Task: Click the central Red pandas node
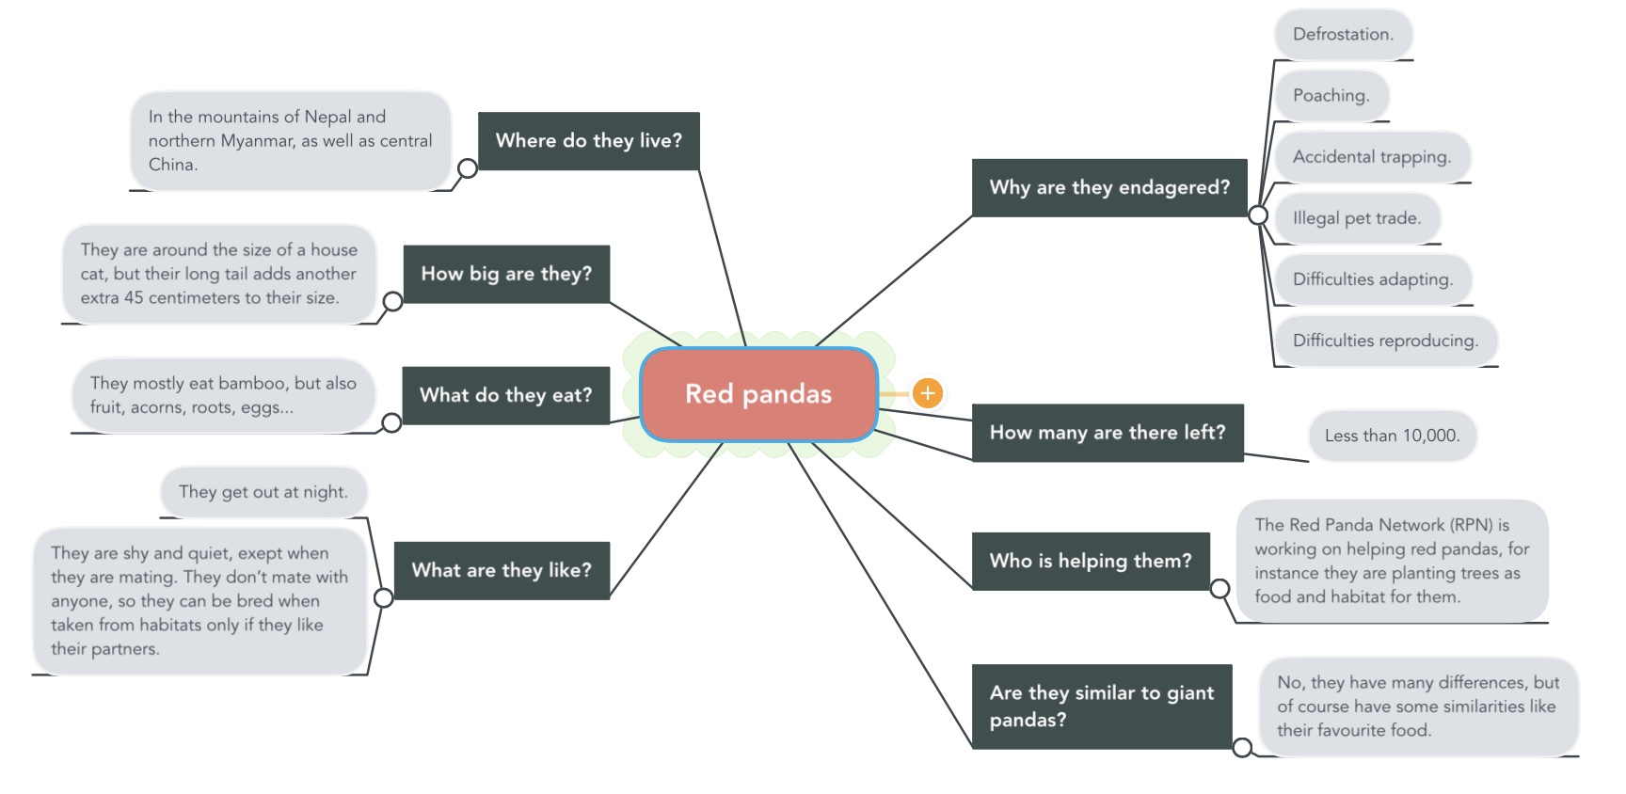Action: point(758,394)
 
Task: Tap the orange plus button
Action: point(928,393)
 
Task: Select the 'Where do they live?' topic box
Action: point(589,141)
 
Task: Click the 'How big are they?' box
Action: point(506,274)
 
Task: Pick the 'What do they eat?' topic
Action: point(506,395)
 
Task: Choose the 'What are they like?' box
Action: point(502,570)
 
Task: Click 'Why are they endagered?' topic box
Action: point(1109,187)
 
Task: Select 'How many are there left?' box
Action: point(1108,433)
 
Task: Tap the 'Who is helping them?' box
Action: point(1091,561)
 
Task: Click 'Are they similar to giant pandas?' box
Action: point(1102,707)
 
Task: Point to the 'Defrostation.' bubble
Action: point(1343,35)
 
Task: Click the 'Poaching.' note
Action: point(1331,96)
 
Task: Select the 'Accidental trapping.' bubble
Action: point(1372,157)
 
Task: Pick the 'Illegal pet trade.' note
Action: point(1357,218)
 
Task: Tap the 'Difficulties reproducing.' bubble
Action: point(1386,341)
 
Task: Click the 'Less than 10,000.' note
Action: point(1393,436)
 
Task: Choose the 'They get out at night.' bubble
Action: point(263,492)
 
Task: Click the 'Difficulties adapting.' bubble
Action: point(1373,279)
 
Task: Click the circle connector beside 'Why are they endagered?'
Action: point(1258,215)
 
